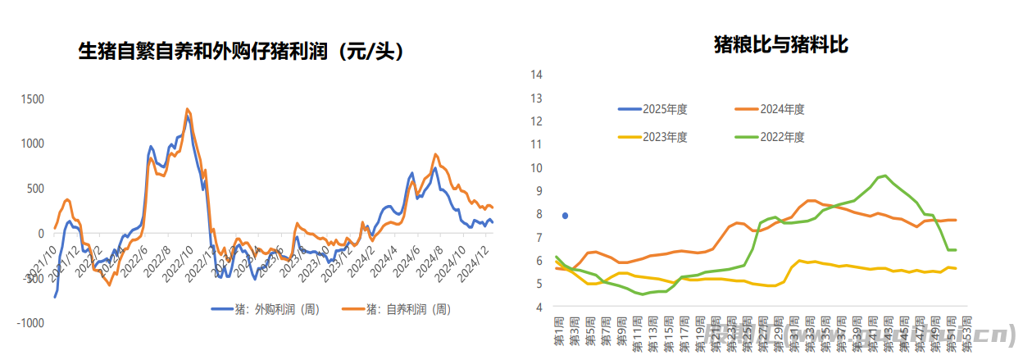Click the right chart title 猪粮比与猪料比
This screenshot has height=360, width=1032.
pos(780,46)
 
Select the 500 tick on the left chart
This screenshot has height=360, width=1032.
pos(35,189)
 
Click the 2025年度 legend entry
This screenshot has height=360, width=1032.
pos(666,108)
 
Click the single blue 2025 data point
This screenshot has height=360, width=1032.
pos(565,216)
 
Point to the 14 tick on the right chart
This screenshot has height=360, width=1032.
pos(538,75)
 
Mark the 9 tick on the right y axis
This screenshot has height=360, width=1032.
pos(538,191)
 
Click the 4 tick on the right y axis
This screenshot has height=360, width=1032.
pos(538,308)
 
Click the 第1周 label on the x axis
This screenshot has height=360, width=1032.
pos(559,330)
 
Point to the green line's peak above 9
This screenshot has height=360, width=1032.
pos(884,175)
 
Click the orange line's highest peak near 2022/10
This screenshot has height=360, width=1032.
pos(187,108)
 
